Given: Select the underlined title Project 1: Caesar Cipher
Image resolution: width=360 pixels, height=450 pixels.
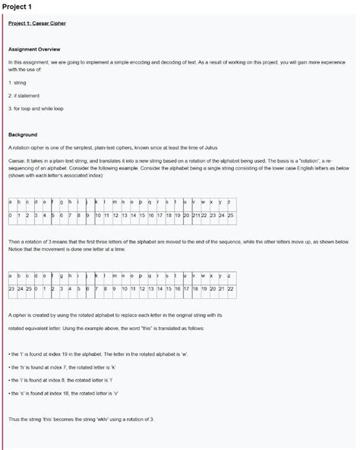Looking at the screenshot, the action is tap(37, 24).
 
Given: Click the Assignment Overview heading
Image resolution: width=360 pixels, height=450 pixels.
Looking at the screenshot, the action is tap(35, 47).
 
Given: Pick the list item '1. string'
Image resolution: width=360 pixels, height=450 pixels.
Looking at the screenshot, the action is tap(18, 80).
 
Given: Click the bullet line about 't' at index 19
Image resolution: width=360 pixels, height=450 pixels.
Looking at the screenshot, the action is tap(91, 354).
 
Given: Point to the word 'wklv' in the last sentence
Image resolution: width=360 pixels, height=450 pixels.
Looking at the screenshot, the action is tap(113, 419).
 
